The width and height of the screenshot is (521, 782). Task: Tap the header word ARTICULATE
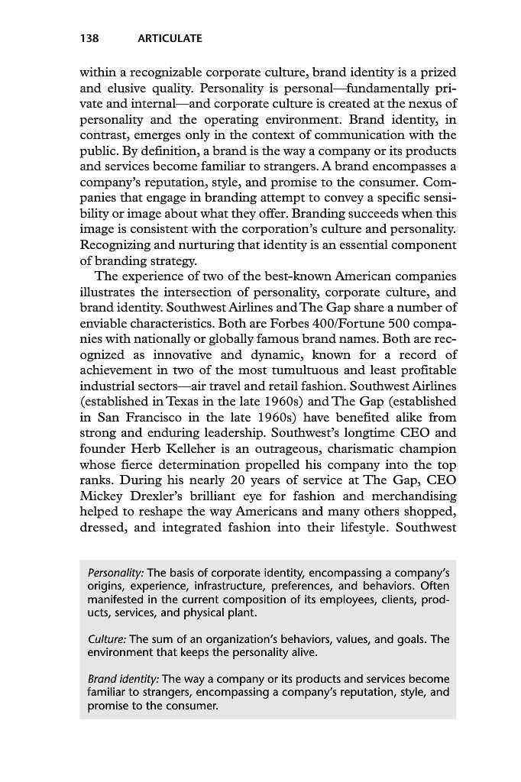click(x=169, y=37)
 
